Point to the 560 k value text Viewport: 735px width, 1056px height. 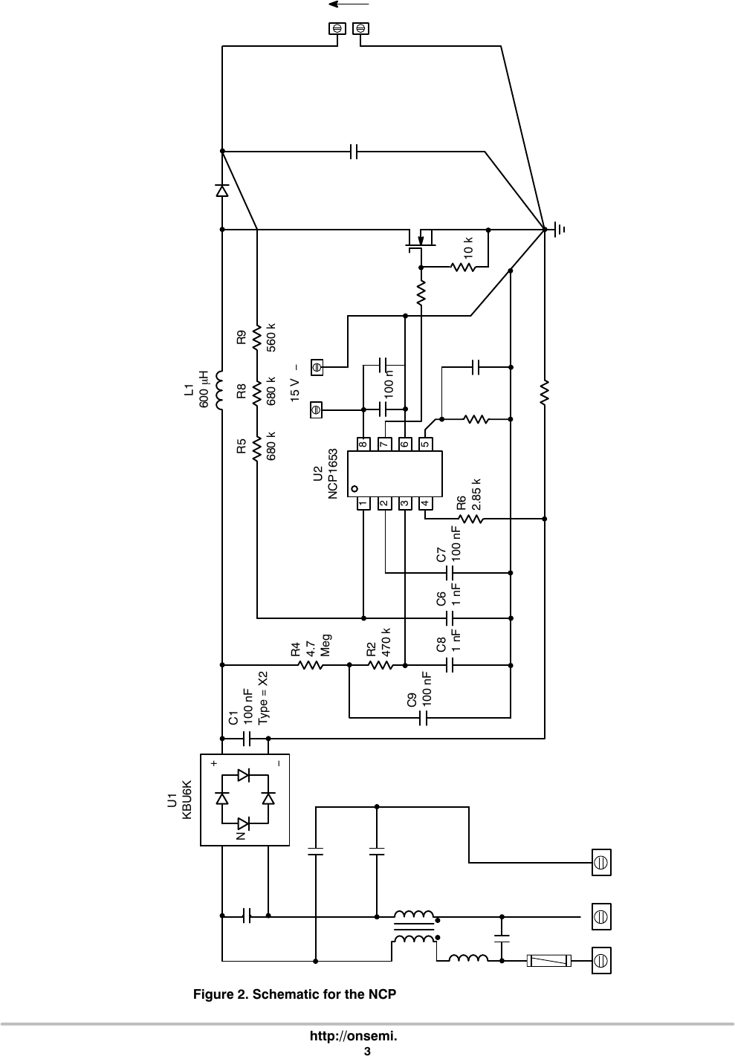coord(271,337)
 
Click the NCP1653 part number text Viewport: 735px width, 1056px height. coord(332,473)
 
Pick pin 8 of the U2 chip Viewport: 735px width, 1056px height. coord(363,444)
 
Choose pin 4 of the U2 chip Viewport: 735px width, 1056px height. coord(425,503)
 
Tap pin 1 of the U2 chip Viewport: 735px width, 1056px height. coord(363,503)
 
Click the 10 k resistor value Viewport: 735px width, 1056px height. coord(467,247)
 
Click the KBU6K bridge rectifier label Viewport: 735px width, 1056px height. coord(187,800)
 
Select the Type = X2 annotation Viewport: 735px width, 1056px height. coord(262,697)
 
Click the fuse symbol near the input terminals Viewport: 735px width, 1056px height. coord(548,961)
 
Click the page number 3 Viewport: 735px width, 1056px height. coord(367,1050)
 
